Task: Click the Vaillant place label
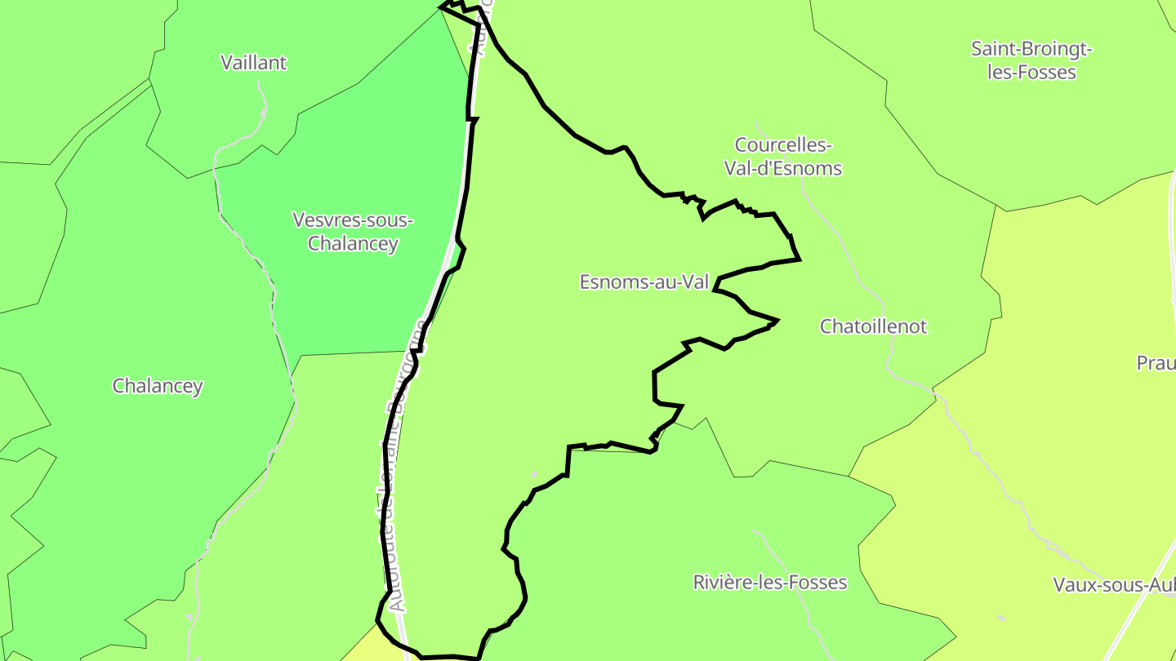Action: click(x=254, y=63)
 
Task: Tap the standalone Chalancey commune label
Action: click(x=158, y=386)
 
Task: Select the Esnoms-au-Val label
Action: click(x=644, y=282)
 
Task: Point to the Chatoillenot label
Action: click(x=873, y=326)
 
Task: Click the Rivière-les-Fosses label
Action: click(x=769, y=583)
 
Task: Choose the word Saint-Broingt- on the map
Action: click(x=1031, y=49)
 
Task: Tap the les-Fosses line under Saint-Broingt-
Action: click(x=1031, y=73)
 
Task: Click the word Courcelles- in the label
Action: click(x=782, y=145)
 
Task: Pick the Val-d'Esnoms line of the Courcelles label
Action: click(x=782, y=169)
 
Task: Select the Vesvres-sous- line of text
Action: click(x=353, y=220)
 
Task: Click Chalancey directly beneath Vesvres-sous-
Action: click(x=353, y=243)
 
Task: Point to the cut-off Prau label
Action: click(x=1156, y=363)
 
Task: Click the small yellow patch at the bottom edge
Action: click(x=372, y=649)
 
